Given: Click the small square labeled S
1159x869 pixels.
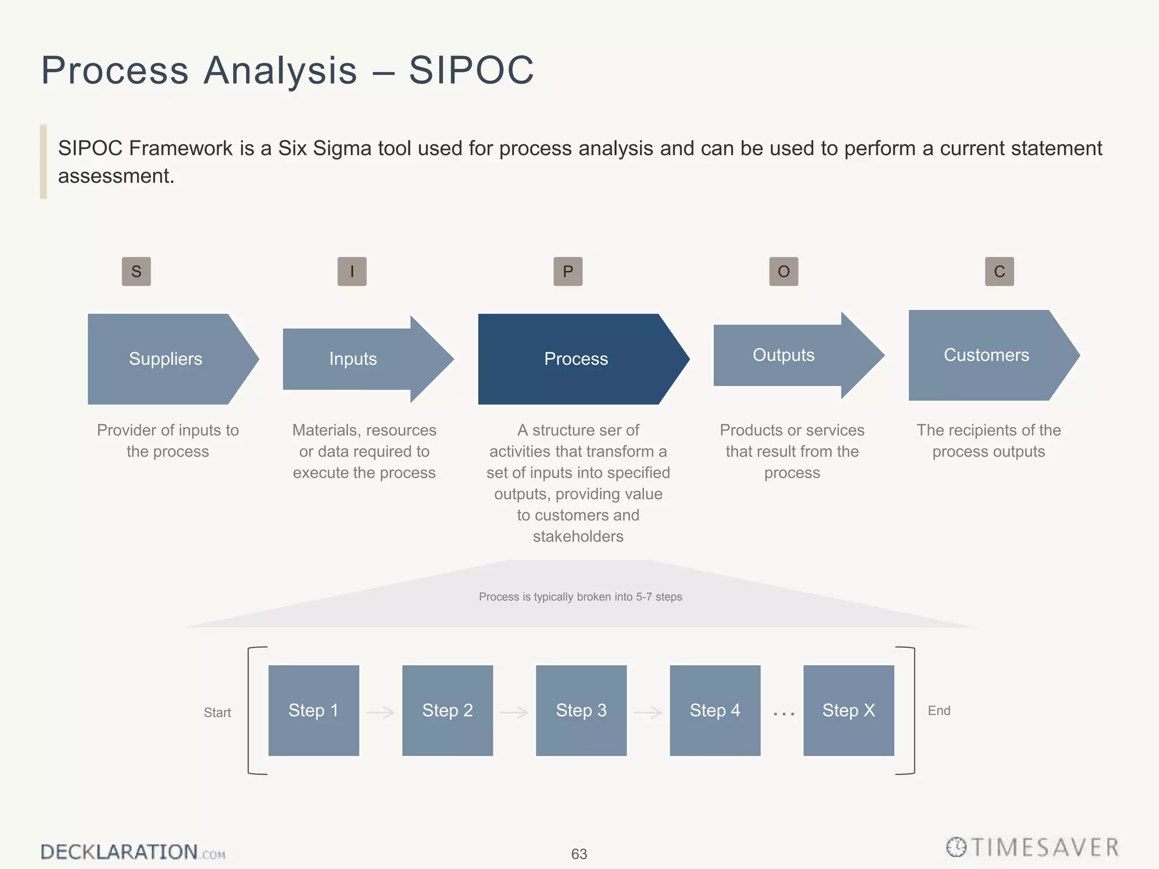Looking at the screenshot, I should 136,272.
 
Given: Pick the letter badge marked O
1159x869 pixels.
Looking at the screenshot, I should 784,272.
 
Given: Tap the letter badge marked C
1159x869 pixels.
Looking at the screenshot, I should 999,272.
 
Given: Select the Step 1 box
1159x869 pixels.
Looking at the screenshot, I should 314,711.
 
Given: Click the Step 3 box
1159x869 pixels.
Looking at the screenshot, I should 581,711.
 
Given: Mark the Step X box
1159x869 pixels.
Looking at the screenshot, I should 849,711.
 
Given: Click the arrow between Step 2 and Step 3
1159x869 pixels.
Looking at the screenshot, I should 514,712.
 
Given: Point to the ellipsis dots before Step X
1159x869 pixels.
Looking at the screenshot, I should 784,715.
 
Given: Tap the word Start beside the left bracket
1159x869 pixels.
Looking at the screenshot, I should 217,713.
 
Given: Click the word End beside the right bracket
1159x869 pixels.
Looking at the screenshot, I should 939,711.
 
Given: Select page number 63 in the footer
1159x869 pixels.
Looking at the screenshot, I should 579,854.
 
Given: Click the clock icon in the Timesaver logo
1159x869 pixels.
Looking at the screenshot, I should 956,847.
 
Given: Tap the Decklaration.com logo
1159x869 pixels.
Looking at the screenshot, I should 132,852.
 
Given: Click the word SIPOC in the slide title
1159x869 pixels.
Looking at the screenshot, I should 471,70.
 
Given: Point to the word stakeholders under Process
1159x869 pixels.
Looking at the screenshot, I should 578,536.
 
